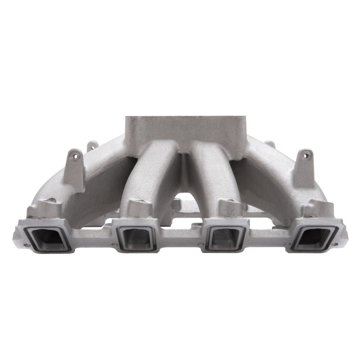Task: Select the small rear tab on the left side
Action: point(92,146)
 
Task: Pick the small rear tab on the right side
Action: point(270,145)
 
